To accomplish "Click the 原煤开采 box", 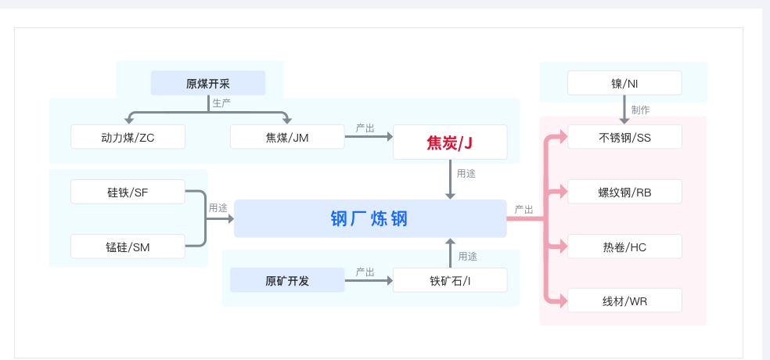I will [x=208, y=83].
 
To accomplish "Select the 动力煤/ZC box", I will [x=128, y=137].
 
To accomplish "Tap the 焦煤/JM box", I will [x=287, y=137].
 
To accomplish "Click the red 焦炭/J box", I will [x=450, y=142].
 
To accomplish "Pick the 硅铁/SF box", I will [x=128, y=192].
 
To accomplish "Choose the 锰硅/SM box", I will [x=128, y=247].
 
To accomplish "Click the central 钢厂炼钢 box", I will [x=370, y=218].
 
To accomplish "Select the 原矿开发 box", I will [x=287, y=280].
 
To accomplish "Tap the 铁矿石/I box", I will [x=450, y=280].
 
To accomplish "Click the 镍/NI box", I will [x=624, y=83].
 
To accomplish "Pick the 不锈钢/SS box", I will [x=624, y=137].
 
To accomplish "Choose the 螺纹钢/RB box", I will [x=624, y=192].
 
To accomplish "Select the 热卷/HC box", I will [x=624, y=247].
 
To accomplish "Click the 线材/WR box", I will [x=624, y=301].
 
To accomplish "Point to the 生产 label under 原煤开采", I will [x=221, y=102].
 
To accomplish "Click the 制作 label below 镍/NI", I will [x=640, y=110].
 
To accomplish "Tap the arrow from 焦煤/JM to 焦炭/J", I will [x=369, y=137].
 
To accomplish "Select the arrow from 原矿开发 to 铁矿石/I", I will [x=369, y=280].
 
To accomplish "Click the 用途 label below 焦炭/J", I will [x=466, y=173].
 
